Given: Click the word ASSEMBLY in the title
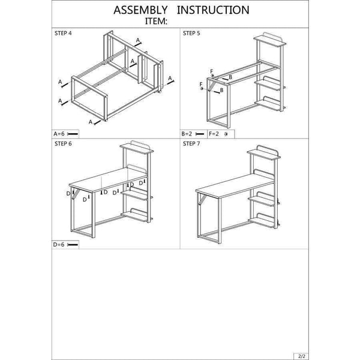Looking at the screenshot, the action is (x=140, y=10).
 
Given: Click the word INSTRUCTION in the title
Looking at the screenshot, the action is (x=213, y=10).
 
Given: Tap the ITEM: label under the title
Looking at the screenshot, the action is (x=155, y=21).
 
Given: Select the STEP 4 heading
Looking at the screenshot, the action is (x=63, y=33).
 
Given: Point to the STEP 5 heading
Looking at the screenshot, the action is (x=191, y=33).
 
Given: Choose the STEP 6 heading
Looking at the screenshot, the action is (x=63, y=144).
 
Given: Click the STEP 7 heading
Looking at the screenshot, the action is (x=191, y=144).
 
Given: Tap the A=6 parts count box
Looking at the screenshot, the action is (x=65, y=134).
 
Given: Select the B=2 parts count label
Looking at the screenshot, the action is (x=187, y=134).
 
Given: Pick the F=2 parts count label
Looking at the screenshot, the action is (x=214, y=134).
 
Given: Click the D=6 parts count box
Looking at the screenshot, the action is (x=65, y=245).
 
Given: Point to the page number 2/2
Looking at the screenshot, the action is (x=301, y=356).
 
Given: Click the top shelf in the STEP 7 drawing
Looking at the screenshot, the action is (x=264, y=153).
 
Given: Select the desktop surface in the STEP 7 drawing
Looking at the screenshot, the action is (x=235, y=186).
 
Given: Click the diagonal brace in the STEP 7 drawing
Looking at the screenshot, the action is (x=203, y=199).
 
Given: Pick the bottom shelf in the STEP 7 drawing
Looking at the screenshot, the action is (x=262, y=221).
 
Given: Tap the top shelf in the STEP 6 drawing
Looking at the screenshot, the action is (x=137, y=148).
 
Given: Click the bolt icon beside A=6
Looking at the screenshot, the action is (x=73, y=134).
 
